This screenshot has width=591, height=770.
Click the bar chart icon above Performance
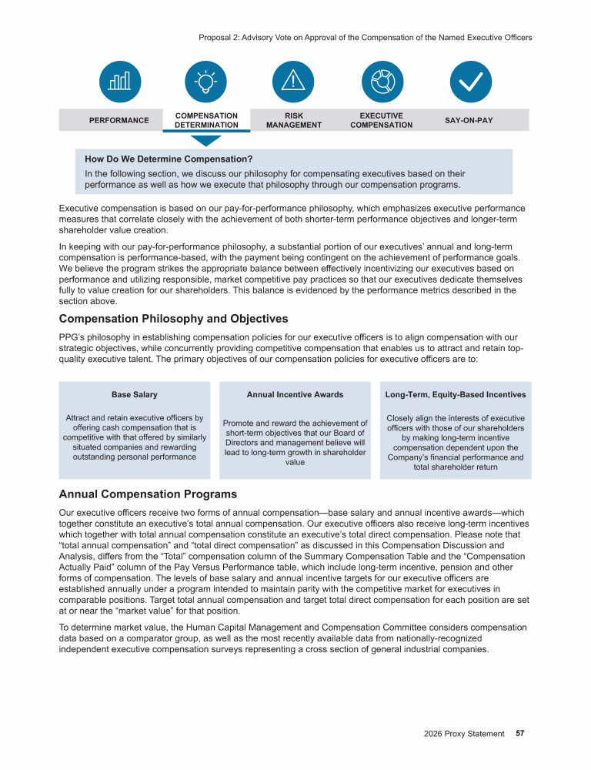point(119,81)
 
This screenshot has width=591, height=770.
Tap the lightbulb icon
point(206,81)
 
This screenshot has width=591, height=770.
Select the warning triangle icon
point(293,81)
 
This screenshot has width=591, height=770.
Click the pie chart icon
point(382,81)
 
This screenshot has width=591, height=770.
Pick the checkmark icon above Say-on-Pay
point(469,81)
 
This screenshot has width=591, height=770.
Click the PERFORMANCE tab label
point(119,120)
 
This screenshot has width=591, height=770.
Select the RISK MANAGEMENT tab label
point(293,120)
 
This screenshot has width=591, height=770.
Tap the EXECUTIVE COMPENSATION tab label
point(381,120)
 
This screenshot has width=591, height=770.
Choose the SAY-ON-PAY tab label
point(469,120)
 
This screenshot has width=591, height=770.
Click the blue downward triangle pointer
point(205,140)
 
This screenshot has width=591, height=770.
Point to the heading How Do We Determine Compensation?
point(169,159)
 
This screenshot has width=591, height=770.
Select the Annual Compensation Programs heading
point(148,494)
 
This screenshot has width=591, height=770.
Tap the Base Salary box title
point(135,394)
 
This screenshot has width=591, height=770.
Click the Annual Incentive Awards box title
point(295,394)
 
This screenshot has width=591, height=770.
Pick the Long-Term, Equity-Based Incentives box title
point(456,394)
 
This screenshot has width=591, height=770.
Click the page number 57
point(520,734)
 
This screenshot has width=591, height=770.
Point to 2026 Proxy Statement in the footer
point(464,734)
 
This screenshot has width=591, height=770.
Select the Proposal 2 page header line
point(365,37)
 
